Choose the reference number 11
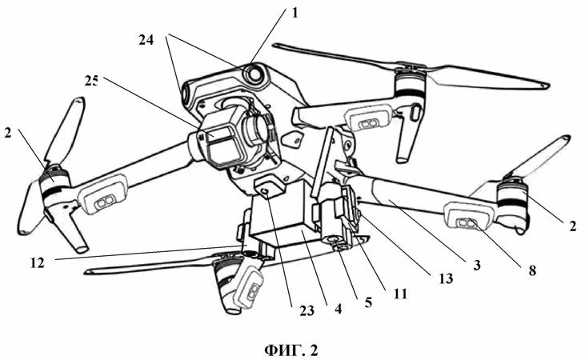401,294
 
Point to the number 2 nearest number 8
574,226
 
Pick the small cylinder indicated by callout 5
330,239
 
